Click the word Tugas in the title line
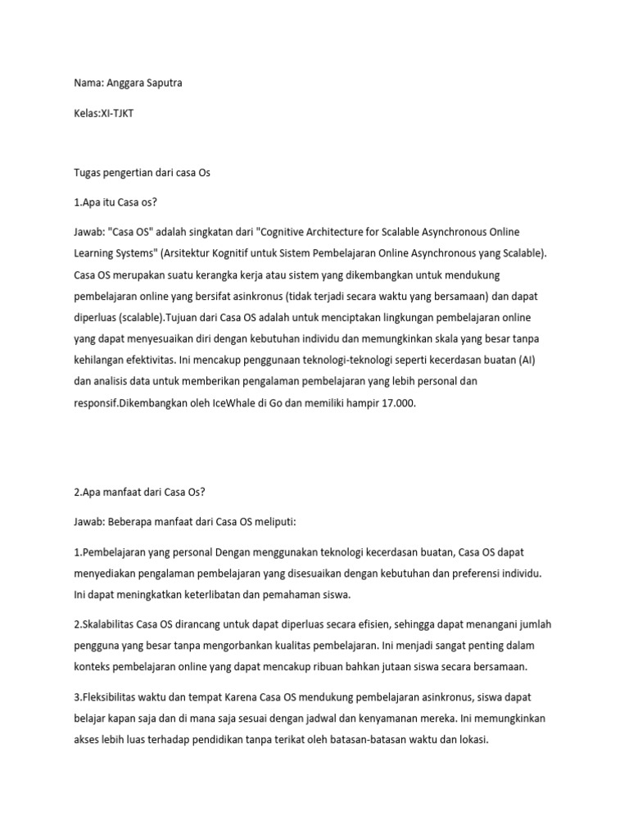[79, 174]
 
